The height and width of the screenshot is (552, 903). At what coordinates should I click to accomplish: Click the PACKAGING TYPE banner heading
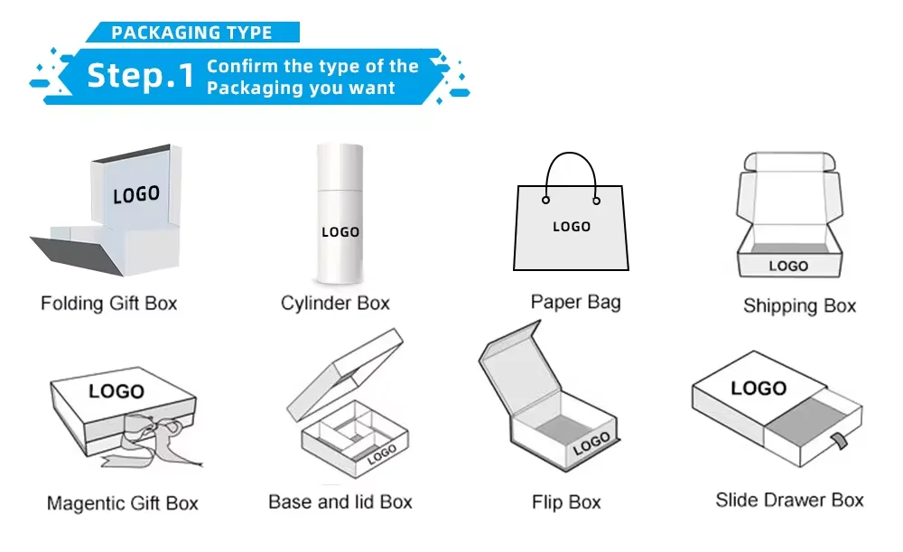click(191, 33)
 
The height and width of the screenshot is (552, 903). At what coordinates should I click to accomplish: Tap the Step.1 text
click(140, 76)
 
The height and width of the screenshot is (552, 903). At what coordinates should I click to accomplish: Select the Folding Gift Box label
click(109, 304)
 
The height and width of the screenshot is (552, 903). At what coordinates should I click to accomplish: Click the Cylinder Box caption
click(335, 304)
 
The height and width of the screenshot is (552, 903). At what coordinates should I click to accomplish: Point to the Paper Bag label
click(575, 302)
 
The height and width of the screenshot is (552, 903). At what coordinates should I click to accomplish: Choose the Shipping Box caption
click(799, 306)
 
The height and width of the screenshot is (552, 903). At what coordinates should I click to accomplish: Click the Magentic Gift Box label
click(122, 503)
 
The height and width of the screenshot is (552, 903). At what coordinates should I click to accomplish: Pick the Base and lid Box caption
click(340, 501)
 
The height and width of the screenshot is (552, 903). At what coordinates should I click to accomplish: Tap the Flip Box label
click(566, 502)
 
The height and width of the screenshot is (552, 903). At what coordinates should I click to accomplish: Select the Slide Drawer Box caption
click(789, 500)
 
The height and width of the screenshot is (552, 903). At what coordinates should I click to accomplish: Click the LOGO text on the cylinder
click(340, 232)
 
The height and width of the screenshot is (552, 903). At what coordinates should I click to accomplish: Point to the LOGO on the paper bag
click(571, 227)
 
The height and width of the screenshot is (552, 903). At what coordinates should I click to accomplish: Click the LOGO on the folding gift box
click(136, 194)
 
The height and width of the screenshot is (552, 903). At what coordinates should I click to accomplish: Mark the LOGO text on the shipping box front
click(788, 266)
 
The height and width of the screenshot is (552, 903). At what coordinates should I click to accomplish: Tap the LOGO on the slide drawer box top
click(759, 388)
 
